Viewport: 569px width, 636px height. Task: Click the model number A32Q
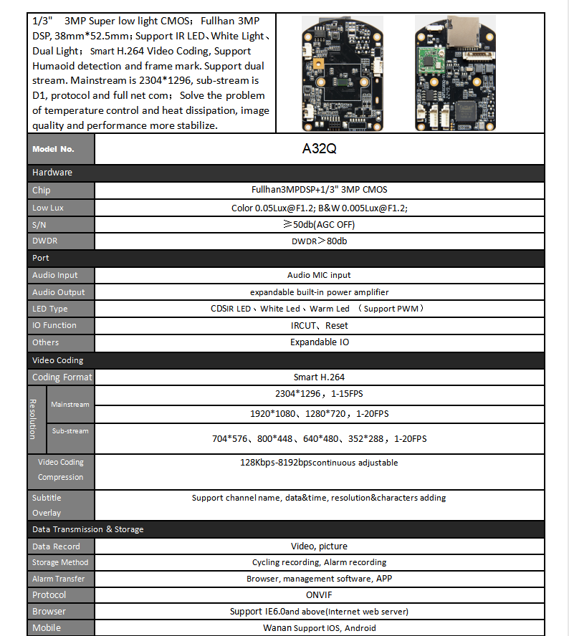tap(320, 150)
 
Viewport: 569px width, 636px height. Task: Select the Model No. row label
tap(53, 150)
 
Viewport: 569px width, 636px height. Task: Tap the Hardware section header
tap(52, 173)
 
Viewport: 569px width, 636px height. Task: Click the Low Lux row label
tap(48, 208)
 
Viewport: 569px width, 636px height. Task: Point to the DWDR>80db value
tap(319, 241)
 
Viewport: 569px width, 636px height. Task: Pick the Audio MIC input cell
tap(319, 275)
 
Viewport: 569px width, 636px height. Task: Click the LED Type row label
tap(50, 309)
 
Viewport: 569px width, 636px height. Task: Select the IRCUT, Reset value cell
tap(319, 325)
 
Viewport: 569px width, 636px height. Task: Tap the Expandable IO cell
tap(319, 342)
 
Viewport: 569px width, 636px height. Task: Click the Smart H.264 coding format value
tap(319, 377)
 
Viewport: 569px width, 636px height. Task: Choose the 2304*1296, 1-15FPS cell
tap(319, 395)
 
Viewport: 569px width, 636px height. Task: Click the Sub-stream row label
tap(70, 431)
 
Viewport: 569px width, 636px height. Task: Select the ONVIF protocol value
tap(319, 594)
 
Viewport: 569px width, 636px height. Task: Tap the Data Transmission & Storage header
tap(87, 529)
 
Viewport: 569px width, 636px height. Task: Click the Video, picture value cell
tap(319, 546)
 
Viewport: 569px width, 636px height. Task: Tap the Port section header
tap(41, 258)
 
